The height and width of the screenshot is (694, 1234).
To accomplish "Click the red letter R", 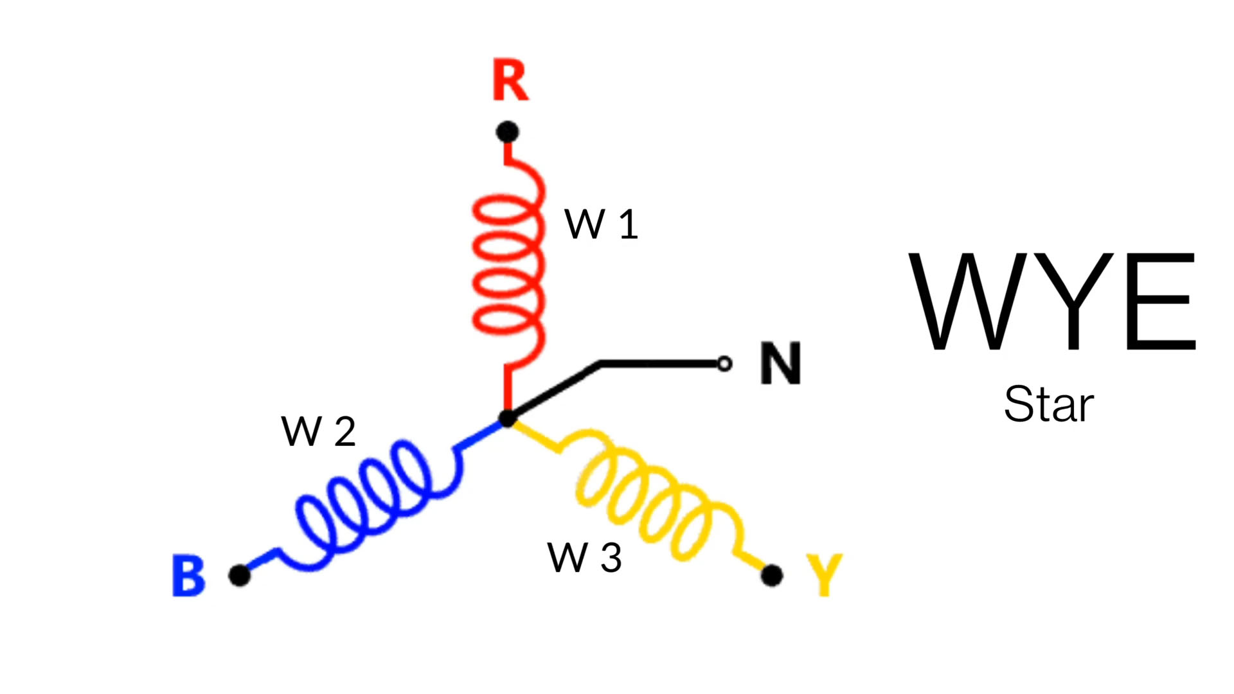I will tap(510, 81).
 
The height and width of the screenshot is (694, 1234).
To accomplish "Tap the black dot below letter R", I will tap(507, 132).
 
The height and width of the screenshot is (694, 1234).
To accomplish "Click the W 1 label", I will tap(601, 224).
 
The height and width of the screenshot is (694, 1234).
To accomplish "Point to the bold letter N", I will tap(780, 364).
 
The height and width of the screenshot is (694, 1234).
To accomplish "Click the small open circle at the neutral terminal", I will tap(724, 364).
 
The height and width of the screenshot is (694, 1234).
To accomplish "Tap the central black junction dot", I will tap(507, 419).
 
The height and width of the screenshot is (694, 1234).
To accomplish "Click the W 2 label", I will tap(318, 431).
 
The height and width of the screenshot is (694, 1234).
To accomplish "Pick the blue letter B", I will tap(188, 576).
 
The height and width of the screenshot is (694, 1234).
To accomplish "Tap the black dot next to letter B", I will tap(240, 575).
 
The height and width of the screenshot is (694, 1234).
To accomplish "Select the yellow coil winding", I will tap(649, 495).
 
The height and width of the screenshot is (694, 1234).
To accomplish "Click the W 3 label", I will tap(584, 557).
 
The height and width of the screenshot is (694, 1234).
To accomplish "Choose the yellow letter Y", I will tap(825, 574).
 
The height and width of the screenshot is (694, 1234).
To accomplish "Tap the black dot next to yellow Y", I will tap(772, 575).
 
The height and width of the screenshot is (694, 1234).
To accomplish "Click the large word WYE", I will tap(1051, 301).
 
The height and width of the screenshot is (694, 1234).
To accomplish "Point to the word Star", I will tap(1049, 405).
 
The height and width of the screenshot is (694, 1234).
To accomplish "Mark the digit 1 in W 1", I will tap(628, 224).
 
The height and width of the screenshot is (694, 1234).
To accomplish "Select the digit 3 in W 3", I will tap(611, 557).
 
